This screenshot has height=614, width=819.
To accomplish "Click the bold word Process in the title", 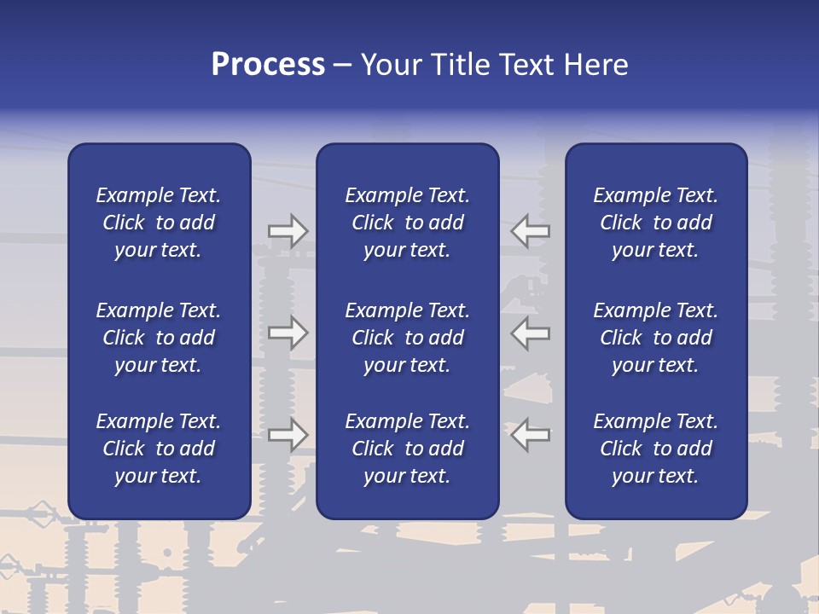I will (268, 65).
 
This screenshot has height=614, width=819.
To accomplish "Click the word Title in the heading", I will (460, 65).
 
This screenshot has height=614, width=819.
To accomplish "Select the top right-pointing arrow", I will (288, 231).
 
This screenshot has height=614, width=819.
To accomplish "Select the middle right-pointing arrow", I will (288, 333).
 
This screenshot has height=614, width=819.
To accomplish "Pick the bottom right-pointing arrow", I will (288, 435).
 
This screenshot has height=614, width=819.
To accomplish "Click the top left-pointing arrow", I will (531, 231).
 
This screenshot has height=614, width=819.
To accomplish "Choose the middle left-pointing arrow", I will (531, 333).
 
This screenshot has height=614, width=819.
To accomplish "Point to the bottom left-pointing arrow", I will (531, 435).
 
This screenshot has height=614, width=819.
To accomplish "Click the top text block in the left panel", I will (159, 223).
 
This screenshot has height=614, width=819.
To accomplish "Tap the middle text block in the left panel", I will (159, 338).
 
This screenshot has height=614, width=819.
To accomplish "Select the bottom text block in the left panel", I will (159, 449).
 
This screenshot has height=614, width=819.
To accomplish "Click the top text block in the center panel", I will (407, 223).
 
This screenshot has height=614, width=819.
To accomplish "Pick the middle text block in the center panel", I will (407, 338).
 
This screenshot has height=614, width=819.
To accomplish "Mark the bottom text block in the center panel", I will (407, 449).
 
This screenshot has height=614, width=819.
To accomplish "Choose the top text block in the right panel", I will (656, 223).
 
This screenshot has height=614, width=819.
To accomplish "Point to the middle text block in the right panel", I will (656, 338).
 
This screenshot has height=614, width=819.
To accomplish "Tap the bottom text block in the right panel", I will (656, 449).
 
